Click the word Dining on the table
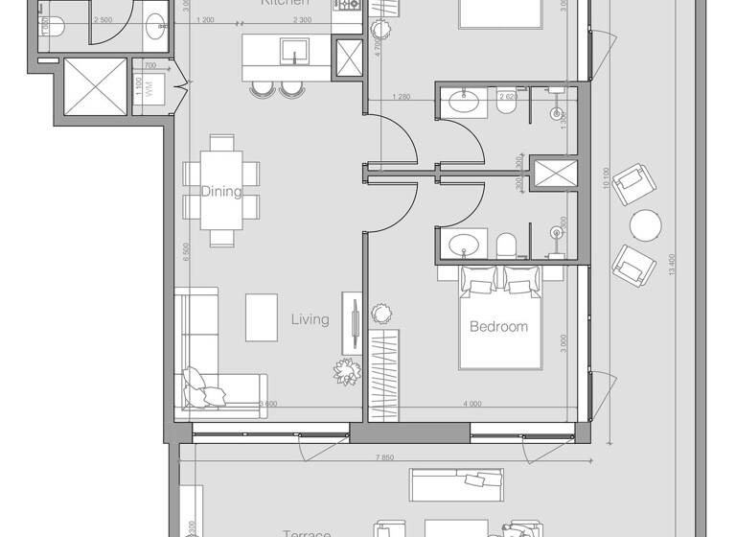point(221,191)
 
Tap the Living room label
point(310,319)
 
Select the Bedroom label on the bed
point(498,327)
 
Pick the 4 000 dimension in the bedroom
point(472,405)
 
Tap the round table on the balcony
point(645,225)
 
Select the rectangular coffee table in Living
point(262,317)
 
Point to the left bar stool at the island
point(262,89)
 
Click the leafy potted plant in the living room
point(345,369)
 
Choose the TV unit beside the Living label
point(354,317)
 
